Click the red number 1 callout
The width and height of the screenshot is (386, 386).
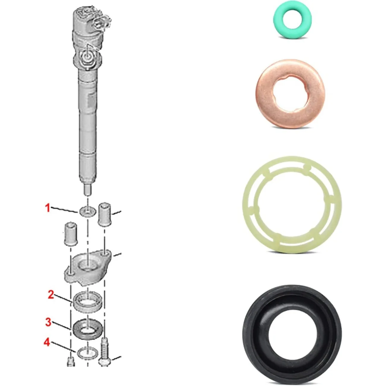[x=48, y=208]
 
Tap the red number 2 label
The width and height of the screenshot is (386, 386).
[x=51, y=295]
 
